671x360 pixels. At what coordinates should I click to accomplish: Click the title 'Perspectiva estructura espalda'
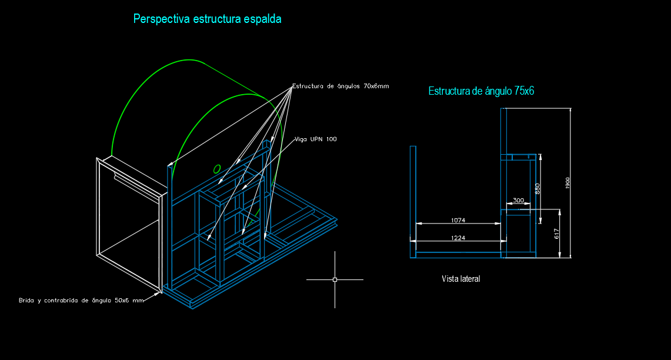click(207, 19)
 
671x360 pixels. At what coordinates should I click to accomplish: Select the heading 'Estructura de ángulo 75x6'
click(481, 91)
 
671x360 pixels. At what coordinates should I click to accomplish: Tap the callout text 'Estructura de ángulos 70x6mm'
click(340, 86)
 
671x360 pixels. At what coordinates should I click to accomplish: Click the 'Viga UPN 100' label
click(315, 139)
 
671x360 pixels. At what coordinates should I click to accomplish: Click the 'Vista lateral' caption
click(460, 279)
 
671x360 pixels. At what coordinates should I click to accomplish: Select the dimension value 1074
click(458, 220)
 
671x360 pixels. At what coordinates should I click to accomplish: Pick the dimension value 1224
click(458, 238)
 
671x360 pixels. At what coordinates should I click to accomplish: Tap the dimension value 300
click(518, 201)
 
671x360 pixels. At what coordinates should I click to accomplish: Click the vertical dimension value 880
click(538, 189)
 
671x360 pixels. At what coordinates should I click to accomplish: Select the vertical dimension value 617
click(556, 234)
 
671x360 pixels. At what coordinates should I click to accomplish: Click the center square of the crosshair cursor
click(335, 280)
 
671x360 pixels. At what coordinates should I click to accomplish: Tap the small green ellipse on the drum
click(217, 169)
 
